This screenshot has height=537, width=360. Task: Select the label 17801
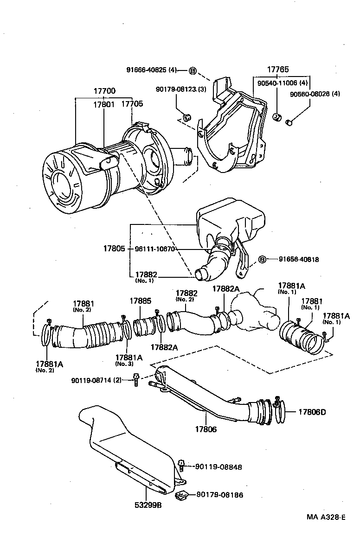pyautogui.click(x=103, y=105)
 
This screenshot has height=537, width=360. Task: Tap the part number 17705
pyautogui.click(x=132, y=105)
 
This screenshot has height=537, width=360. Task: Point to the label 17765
pyautogui.click(x=277, y=70)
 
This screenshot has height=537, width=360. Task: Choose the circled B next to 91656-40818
pyautogui.click(x=262, y=259)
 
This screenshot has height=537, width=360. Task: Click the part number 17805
pyautogui.click(x=114, y=249)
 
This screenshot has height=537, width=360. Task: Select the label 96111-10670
pyautogui.click(x=154, y=249)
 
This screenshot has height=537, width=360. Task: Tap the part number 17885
pyautogui.click(x=141, y=301)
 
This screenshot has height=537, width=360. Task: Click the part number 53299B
pyautogui.click(x=146, y=505)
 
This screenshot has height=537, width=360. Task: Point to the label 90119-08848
pyautogui.click(x=219, y=467)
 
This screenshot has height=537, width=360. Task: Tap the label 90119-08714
pyautogui.click(x=96, y=380)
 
